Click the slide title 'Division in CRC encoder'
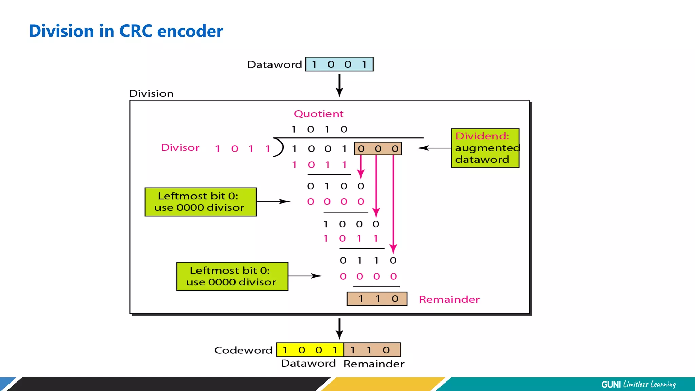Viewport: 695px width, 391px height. click(x=126, y=31)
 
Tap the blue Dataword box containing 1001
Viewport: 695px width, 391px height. click(x=339, y=64)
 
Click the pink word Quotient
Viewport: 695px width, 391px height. click(x=318, y=114)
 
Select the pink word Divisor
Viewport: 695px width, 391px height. click(x=180, y=148)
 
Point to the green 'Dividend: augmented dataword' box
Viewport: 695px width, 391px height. click(x=485, y=148)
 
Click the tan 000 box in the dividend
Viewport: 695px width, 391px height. click(x=378, y=149)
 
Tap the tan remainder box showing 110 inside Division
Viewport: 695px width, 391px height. click(x=377, y=299)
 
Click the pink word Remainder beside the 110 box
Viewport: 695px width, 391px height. click(x=449, y=299)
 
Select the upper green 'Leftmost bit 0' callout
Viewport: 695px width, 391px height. click(x=200, y=202)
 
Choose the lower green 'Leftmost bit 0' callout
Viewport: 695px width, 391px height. click(x=232, y=276)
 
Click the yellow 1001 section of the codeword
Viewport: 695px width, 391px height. click(x=310, y=350)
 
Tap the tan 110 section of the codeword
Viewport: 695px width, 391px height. click(x=372, y=350)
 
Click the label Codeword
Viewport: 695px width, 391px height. click(x=243, y=350)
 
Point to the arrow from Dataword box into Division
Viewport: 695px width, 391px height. click(x=339, y=86)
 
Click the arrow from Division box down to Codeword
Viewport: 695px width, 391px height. click(x=339, y=329)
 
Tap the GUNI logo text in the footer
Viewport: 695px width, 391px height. click(x=611, y=384)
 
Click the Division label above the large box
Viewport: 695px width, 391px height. click(x=151, y=93)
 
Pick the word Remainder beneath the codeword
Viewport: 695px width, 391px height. click(x=374, y=364)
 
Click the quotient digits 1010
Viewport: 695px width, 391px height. click(x=319, y=129)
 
